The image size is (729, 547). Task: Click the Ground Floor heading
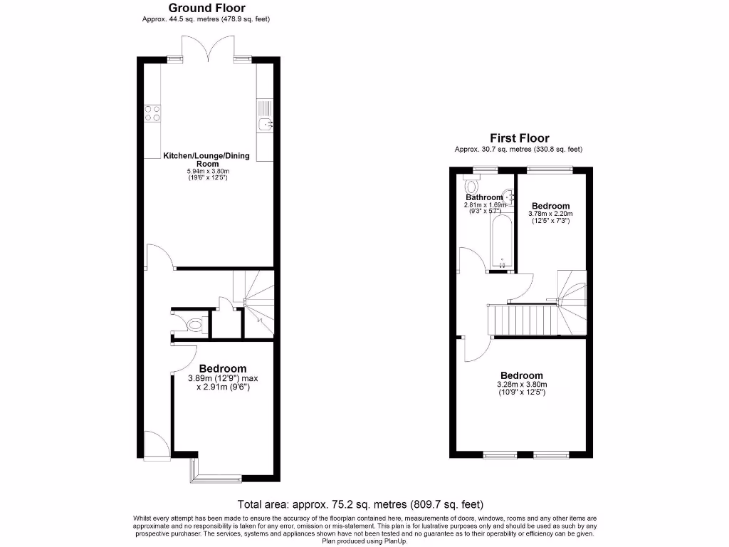click(x=206, y=8)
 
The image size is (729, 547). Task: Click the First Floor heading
click(x=519, y=138)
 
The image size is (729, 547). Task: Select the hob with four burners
click(x=152, y=114)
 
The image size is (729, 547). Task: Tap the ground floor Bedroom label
click(x=222, y=368)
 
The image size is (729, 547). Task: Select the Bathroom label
click(x=484, y=197)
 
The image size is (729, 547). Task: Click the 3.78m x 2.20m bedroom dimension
click(x=550, y=213)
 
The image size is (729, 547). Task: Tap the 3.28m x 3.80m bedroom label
click(x=521, y=385)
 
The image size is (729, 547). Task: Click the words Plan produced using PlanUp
click(x=364, y=541)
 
